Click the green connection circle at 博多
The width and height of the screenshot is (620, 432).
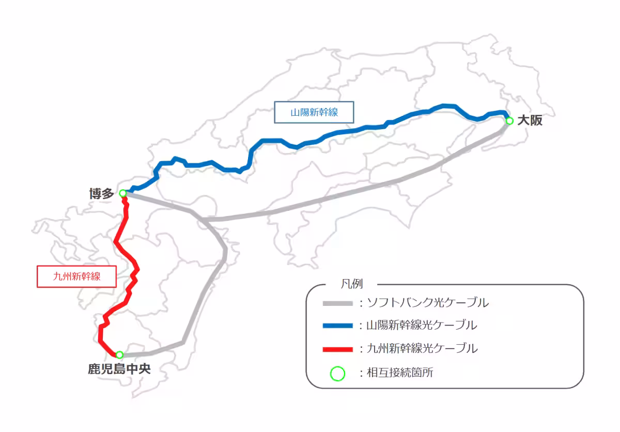point(123,193)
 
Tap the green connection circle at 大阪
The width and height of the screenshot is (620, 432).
point(509,121)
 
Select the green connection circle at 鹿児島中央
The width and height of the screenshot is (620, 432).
point(119,355)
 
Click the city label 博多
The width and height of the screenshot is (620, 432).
point(101,194)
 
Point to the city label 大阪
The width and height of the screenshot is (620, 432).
point(530,121)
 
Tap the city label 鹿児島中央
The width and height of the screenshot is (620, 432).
point(119,369)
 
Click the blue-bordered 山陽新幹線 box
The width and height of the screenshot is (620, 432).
point(314,112)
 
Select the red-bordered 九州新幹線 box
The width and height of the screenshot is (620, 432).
point(76,276)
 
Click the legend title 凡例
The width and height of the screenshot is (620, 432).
point(352,284)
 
